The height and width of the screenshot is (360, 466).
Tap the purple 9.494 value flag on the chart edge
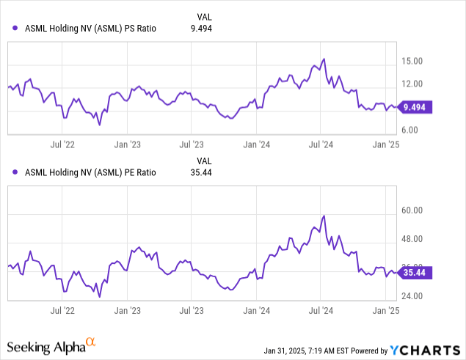[x=415, y=106]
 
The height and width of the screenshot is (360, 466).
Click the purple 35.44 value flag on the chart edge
[x=415, y=273]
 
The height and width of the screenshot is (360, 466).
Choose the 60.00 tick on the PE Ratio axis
[x=412, y=210]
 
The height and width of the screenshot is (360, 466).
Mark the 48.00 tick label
[x=412, y=239]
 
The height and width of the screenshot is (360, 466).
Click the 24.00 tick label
[x=412, y=296]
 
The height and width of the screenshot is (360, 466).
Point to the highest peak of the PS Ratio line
[x=324, y=59]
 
